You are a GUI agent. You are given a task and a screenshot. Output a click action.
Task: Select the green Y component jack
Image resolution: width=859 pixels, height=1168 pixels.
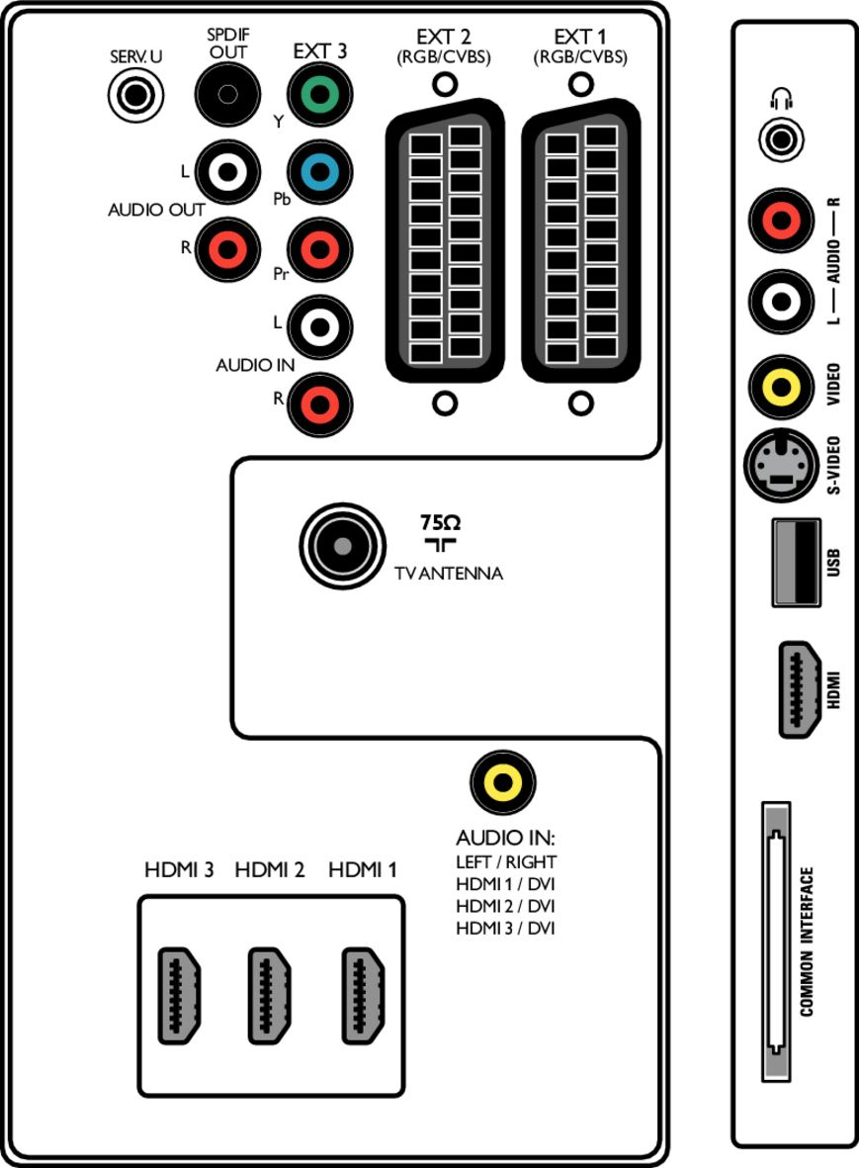coord(318,96)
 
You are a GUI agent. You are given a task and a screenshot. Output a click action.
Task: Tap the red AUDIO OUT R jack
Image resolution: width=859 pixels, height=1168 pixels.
coord(227,246)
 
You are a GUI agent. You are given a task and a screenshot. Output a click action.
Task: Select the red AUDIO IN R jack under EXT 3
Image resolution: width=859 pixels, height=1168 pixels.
coord(318,403)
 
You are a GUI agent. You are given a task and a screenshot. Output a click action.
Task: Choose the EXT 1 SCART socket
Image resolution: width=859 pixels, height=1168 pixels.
coord(581,241)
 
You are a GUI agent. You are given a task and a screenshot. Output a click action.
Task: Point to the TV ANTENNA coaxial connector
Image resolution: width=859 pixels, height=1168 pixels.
coord(341,546)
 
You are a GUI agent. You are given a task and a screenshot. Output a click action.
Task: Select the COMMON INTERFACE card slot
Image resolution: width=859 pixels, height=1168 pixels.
coord(777,942)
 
